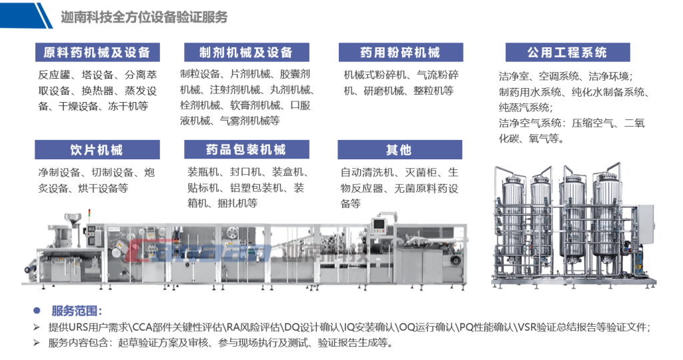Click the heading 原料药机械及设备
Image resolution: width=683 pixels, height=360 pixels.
coord(97,52)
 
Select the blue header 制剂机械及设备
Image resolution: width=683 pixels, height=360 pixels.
coord(247,52)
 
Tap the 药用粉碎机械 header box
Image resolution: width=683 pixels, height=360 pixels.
coord(401,52)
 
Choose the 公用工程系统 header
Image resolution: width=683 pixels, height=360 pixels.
coord(568,52)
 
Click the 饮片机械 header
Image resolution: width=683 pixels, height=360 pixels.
coord(97,150)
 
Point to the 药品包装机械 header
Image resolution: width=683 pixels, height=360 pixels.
coord(247,150)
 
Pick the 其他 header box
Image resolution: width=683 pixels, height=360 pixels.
coord(400,150)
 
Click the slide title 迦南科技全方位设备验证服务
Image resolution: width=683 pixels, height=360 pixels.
coord(144,17)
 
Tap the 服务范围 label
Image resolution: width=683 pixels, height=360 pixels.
coord(77,311)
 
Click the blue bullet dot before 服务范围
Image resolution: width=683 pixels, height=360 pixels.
coord(37,311)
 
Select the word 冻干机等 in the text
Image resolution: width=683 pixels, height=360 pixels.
coord(128,106)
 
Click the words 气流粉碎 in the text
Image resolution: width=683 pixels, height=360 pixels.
coord(438,75)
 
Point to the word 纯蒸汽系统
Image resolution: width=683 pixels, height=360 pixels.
coord(524,107)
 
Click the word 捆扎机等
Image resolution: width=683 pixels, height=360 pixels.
coord(237,203)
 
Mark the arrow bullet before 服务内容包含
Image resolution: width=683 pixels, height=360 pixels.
coord(37,343)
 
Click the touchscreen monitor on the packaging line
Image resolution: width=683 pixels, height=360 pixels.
coord(378,224)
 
